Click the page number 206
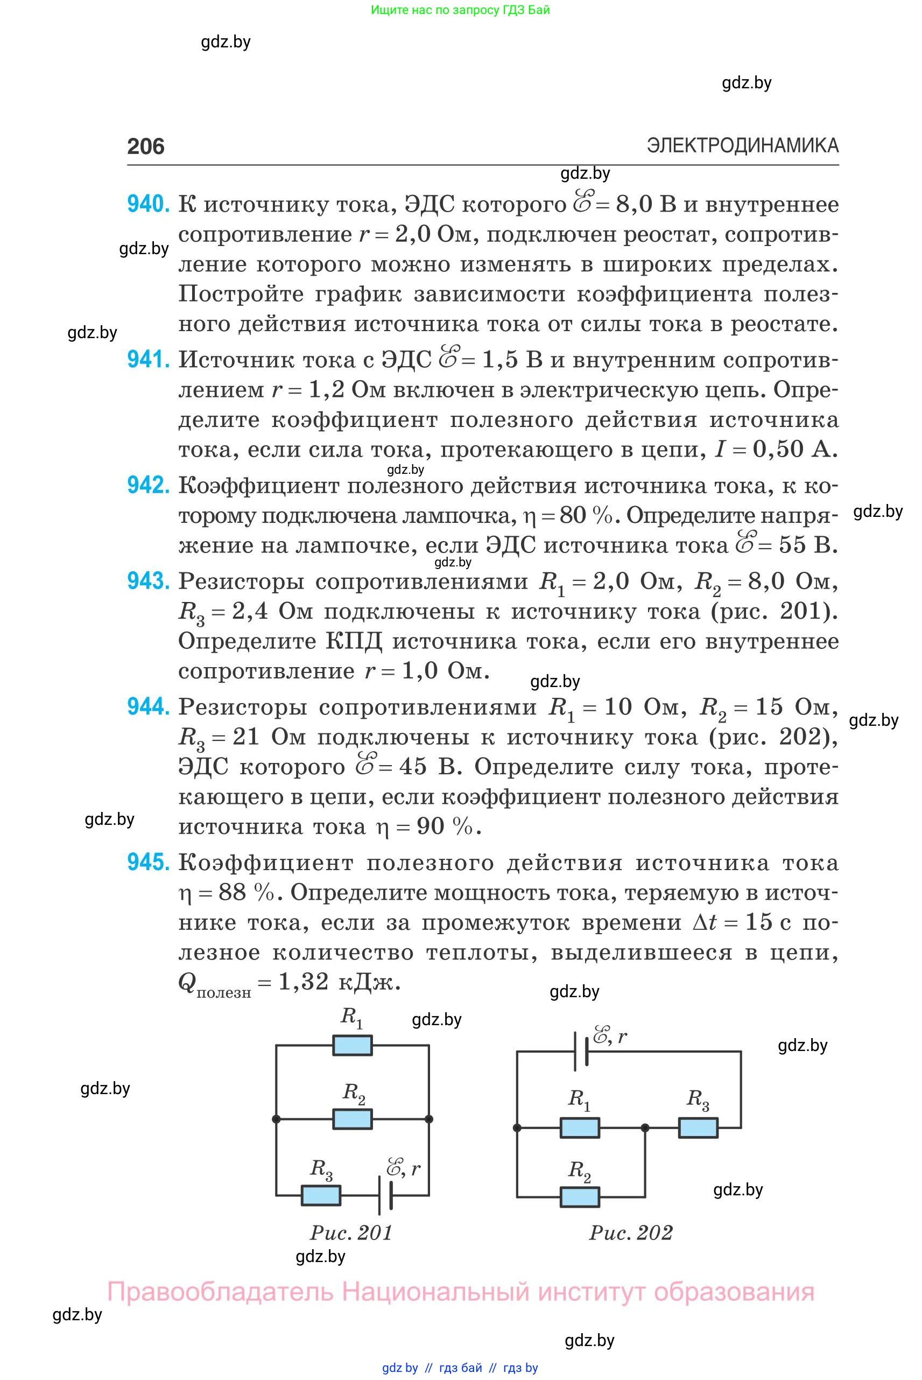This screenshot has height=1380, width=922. click(145, 146)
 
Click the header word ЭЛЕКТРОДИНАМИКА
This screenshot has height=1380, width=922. click(742, 145)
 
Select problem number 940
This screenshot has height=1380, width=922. click(148, 204)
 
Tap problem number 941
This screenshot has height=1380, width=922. click(148, 360)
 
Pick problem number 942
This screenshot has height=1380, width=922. click(148, 485)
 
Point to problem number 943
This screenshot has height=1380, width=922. click(148, 581)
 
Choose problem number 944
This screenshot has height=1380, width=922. click(148, 706)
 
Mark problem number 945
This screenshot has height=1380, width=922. click(148, 863)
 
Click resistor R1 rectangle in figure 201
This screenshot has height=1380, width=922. click(352, 1045)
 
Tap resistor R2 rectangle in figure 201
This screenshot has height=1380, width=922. click(352, 1119)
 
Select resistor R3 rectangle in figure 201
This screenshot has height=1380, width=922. click(320, 1195)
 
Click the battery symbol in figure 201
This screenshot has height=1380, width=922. click(385, 1195)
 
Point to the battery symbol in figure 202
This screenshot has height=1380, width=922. click(581, 1051)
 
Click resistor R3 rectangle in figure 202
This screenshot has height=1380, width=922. click(698, 1127)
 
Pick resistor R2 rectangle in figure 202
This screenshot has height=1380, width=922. click(580, 1196)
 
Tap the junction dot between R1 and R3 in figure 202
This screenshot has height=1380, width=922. click(645, 1127)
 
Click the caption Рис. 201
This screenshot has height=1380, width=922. click(351, 1232)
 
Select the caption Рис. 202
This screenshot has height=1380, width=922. click(630, 1232)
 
